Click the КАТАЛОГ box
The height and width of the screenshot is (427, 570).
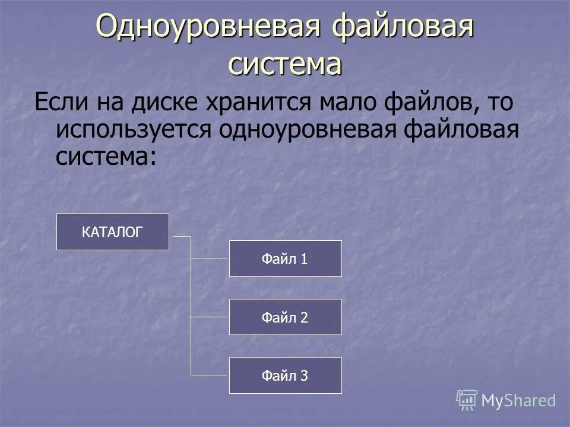coord(113,232)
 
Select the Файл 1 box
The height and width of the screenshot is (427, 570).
coord(285,259)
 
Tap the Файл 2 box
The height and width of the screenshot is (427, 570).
coord(285,317)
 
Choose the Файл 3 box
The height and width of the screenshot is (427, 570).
coord(285,375)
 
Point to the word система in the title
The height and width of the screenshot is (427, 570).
coord(285,64)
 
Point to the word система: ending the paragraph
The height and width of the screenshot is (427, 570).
coord(107,156)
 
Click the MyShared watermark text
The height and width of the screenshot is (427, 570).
coord(518,400)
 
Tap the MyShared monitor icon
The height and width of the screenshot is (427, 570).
coord(467,400)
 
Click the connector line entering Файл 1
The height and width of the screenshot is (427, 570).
coord(210,259)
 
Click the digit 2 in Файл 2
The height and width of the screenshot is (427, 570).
coord(304,317)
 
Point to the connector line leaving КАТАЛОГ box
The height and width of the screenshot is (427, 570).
coord(180,237)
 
